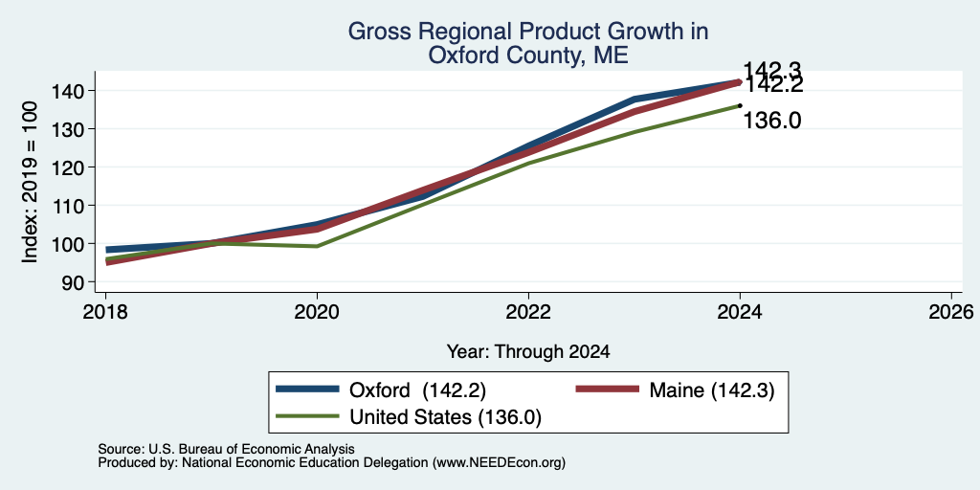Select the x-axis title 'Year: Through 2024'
(528, 352)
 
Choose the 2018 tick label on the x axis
(105, 311)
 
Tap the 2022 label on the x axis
(528, 311)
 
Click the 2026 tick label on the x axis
(952, 311)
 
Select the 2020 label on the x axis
(317, 311)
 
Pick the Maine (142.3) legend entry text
(712, 390)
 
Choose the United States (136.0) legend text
(445, 417)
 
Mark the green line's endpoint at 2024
(740, 105)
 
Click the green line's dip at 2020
(317, 246)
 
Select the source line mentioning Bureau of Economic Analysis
(226, 449)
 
